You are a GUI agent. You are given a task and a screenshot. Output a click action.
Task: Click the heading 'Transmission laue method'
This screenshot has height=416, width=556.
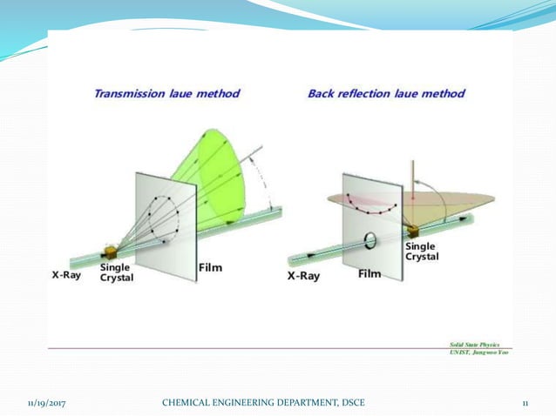167,93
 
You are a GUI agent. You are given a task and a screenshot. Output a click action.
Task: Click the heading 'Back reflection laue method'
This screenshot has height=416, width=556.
386,93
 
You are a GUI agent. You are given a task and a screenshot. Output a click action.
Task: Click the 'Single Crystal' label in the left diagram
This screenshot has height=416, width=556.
117,272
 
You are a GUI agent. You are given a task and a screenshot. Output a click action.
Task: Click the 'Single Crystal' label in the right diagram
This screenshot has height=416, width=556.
422,251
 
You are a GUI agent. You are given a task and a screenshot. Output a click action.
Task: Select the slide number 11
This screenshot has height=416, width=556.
525,402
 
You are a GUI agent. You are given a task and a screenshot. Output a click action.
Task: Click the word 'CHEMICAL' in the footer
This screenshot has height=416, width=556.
188,402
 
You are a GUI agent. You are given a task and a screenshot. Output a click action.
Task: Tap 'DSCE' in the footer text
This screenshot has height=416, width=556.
351,402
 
